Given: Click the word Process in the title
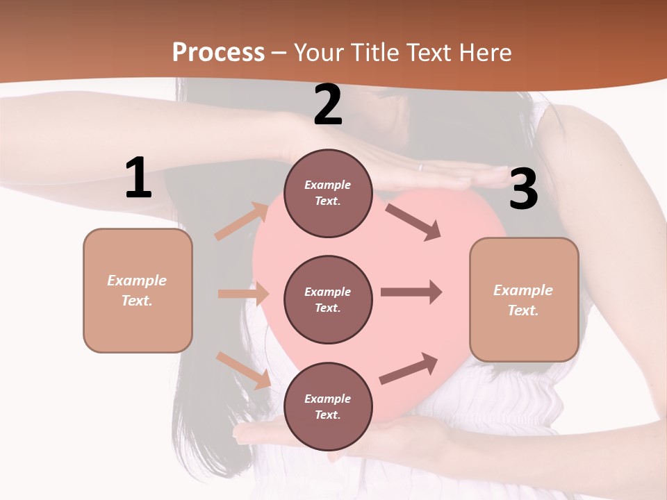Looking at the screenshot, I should click(x=218, y=53).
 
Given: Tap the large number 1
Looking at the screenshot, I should click(x=138, y=178).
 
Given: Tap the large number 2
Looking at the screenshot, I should click(x=328, y=106).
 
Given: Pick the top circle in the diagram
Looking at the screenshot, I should click(x=328, y=193).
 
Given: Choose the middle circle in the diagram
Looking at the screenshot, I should click(x=328, y=299).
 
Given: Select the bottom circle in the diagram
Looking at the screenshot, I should click(x=328, y=406).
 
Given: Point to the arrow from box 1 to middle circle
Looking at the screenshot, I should click(x=243, y=294).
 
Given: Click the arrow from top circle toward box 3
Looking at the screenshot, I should click(x=413, y=222).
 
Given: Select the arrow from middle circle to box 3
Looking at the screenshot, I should click(x=411, y=292).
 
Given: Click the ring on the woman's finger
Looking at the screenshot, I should click(x=420, y=167).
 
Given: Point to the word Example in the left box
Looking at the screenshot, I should click(x=137, y=281).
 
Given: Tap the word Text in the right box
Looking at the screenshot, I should click(x=522, y=310).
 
